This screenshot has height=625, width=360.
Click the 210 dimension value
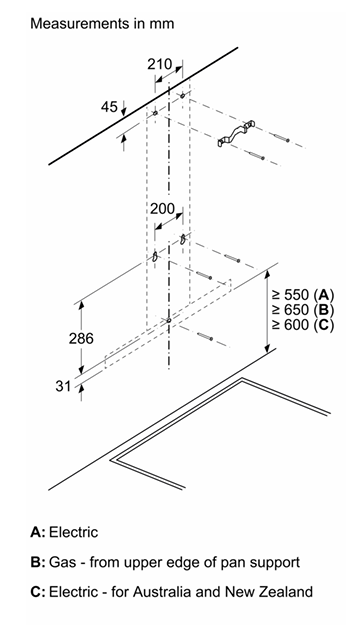pyautogui.click(x=160, y=64)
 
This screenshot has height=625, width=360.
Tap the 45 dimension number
pyautogui.click(x=109, y=107)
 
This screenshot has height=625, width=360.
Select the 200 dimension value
pyautogui.click(x=162, y=208)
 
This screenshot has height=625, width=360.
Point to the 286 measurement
pyautogui.click(x=81, y=338)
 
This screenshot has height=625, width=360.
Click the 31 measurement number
pyautogui.click(x=63, y=386)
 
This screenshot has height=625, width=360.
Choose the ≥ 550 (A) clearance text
pyautogui.click(x=303, y=295)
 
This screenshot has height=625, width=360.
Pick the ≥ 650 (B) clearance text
pyautogui.click(x=303, y=310)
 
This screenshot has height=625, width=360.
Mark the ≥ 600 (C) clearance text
pyautogui.click(x=303, y=324)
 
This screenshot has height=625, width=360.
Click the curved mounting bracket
pyautogui.click(x=235, y=134)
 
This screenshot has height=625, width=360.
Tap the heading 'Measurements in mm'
pyautogui.click(x=102, y=24)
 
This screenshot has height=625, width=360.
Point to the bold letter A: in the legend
pyautogui.click(x=38, y=533)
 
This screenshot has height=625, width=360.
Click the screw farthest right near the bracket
pyautogui.click(x=282, y=138)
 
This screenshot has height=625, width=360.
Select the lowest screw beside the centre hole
pyautogui.click(x=205, y=336)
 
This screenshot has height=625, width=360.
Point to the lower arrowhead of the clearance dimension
pyautogui.click(x=267, y=347)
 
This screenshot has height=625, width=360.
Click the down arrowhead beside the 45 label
pyautogui.click(x=124, y=111)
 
